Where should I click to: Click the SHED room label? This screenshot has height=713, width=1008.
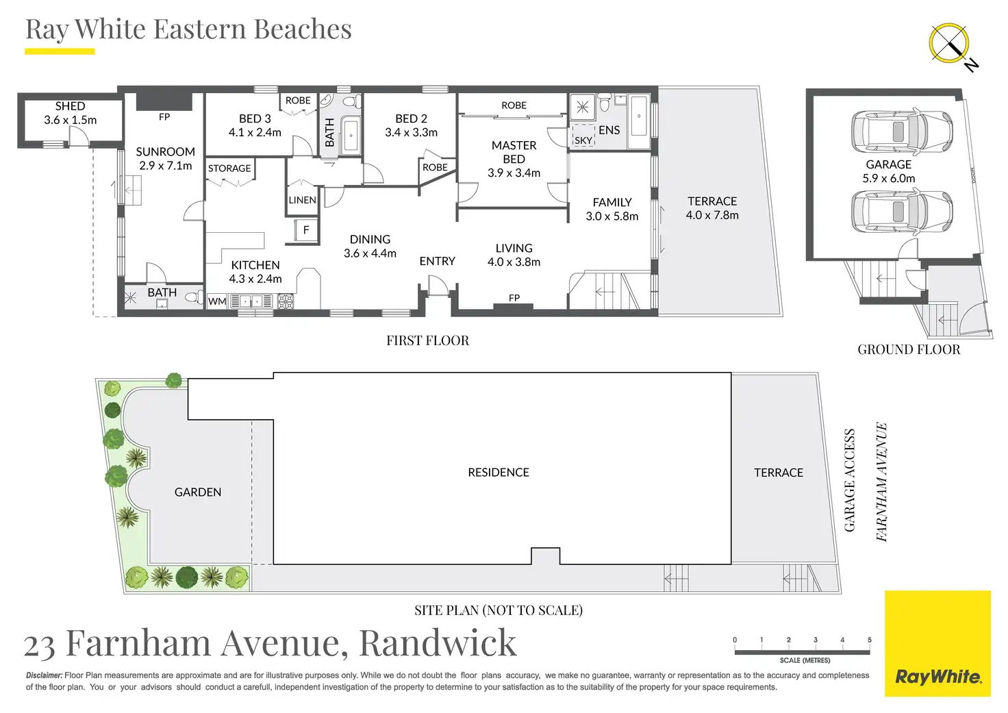[x=71, y=106]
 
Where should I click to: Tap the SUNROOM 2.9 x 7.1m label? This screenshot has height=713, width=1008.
[x=166, y=158]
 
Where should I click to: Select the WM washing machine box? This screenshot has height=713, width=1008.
[x=217, y=301]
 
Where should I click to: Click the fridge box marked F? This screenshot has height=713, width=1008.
[x=306, y=230]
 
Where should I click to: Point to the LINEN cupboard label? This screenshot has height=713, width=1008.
[x=303, y=200]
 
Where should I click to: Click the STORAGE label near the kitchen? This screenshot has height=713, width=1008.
[x=229, y=168]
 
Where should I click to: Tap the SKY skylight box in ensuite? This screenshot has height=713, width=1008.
[x=583, y=136]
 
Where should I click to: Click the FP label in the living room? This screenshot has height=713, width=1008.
[x=514, y=297]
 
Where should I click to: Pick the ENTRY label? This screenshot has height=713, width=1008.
[x=438, y=261]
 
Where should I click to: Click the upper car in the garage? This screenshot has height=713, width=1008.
[x=902, y=132]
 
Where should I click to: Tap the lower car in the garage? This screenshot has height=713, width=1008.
[x=902, y=212]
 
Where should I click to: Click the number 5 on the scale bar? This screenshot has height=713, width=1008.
[x=870, y=640]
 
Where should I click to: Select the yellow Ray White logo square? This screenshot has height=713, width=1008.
[x=937, y=644]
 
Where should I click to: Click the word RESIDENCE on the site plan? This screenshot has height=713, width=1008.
[x=499, y=472]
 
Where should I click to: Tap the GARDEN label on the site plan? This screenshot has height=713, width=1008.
[x=198, y=492]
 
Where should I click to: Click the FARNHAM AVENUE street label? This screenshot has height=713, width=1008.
[x=882, y=481]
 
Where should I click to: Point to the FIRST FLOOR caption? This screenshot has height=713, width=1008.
[x=427, y=340]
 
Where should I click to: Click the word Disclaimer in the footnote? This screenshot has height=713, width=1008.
[x=44, y=675]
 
